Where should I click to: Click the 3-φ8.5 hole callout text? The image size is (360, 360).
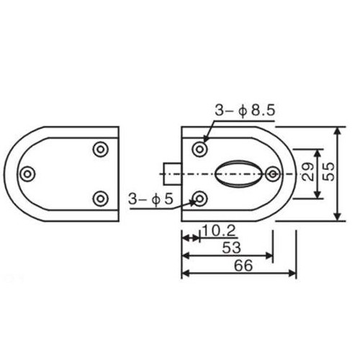pos(245,111)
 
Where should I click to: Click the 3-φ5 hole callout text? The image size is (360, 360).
pos(150,199)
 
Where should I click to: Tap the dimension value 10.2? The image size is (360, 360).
pos(220,231)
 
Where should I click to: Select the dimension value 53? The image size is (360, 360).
pos(231,248)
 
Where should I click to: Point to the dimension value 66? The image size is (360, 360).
pos(243,266)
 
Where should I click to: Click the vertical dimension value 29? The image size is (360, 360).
pos(308,171)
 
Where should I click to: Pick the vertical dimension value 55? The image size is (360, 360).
pos(329,171)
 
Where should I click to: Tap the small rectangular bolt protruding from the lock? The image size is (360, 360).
pos(172,174)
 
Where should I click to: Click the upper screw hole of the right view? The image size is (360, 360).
pos(199,149)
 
